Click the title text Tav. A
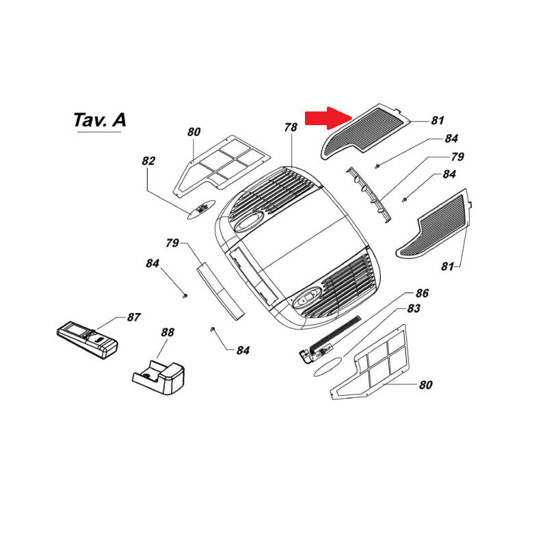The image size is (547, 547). click(x=99, y=120)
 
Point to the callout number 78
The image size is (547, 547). click(x=291, y=127)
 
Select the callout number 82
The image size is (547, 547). click(x=148, y=161)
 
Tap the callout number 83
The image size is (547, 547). click(x=413, y=309)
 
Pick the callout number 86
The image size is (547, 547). click(x=422, y=293)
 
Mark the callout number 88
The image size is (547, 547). click(x=168, y=332)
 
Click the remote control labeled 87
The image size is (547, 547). click(x=87, y=338)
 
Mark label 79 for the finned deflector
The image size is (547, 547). click(x=457, y=157)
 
